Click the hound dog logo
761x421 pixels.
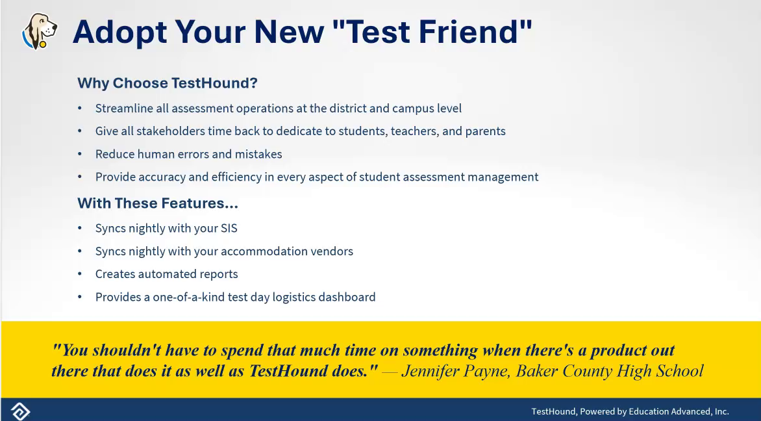tap(40, 31)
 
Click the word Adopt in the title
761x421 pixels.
tap(120, 32)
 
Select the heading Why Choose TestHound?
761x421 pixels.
tap(168, 83)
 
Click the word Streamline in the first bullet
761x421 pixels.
tap(124, 108)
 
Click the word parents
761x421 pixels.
tap(485, 132)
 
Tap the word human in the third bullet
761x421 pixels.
tap(153, 154)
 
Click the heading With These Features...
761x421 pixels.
tap(158, 203)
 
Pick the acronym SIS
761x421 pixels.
tap(229, 228)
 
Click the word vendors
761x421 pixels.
tap(333, 251)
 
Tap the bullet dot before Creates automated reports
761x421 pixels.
tap(80, 274)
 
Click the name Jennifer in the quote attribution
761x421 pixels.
tap(430, 372)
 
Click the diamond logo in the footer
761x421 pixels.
tap(20, 411)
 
